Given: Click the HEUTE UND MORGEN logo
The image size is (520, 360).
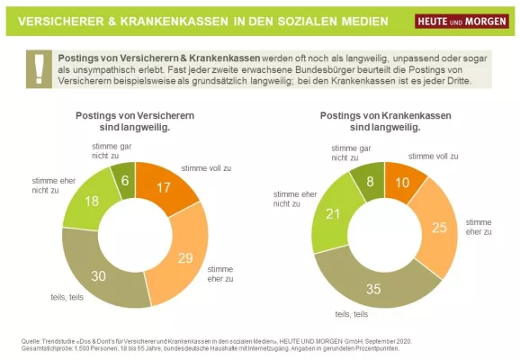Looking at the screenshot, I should coord(461,21).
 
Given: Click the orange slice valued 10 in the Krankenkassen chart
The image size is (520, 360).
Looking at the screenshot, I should coord(402,183).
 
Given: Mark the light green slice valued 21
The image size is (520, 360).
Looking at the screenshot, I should coord(333,213).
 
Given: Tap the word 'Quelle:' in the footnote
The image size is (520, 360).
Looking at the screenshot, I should coord(32,340).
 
